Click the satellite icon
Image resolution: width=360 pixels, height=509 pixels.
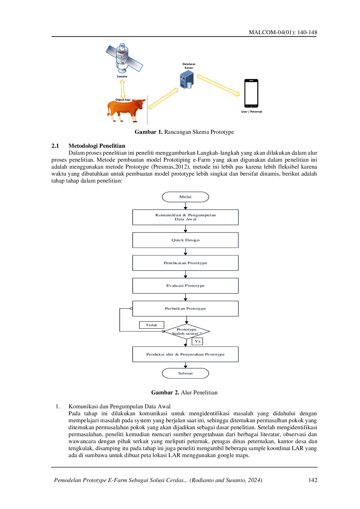123,58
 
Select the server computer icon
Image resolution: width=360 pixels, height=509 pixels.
186,80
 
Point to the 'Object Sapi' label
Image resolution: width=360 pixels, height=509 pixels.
123,100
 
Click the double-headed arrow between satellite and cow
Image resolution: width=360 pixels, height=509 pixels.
123,88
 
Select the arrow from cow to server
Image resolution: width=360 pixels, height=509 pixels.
163,99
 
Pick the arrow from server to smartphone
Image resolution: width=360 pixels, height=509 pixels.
218,85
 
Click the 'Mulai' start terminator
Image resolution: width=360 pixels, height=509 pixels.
185,197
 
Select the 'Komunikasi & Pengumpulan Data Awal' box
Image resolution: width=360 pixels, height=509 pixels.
186,217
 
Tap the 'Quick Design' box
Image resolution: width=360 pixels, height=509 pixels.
186,241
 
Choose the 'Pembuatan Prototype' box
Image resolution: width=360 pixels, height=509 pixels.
186,263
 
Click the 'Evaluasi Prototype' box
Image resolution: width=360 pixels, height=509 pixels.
186,286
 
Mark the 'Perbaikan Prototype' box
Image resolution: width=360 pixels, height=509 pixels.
186,309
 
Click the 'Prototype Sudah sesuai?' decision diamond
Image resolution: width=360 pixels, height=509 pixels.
186,332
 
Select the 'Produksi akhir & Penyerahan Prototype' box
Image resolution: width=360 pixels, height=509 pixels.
186,355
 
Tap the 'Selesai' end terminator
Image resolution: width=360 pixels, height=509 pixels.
185,373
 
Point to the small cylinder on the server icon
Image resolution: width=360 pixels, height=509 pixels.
189,85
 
